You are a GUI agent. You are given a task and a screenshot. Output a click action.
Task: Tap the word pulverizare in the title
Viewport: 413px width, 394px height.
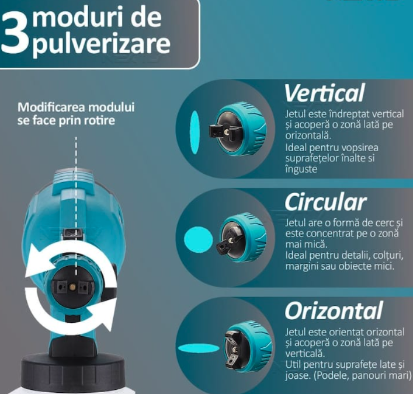pyautogui.click(x=101, y=44)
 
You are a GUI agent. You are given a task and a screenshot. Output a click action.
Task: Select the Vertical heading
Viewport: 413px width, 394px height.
pyautogui.click(x=324, y=93)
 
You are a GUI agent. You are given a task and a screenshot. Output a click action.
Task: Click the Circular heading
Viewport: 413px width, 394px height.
pyautogui.click(x=325, y=202)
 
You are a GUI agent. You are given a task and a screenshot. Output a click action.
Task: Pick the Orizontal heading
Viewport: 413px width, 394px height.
pyautogui.click(x=334, y=311)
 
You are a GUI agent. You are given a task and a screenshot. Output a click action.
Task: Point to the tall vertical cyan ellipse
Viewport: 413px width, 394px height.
pyautogui.click(x=195, y=132)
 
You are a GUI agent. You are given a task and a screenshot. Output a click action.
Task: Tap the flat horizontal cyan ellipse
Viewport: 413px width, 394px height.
pyautogui.click(x=199, y=348)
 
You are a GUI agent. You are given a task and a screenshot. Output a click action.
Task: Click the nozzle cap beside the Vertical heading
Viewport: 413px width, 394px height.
pyautogui.click(x=238, y=130)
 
